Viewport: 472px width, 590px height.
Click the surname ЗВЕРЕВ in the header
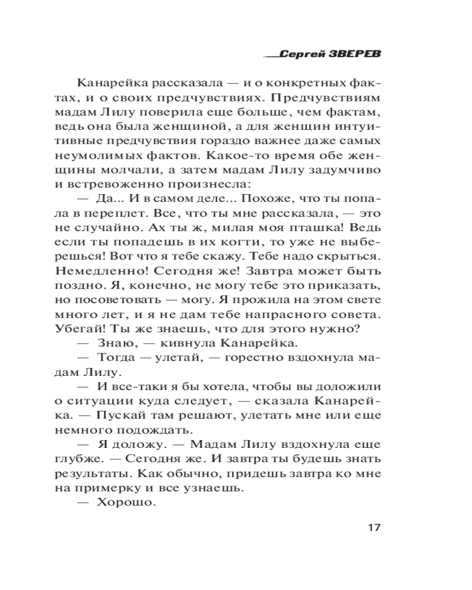[354, 54]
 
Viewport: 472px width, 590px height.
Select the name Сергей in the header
[301, 54]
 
